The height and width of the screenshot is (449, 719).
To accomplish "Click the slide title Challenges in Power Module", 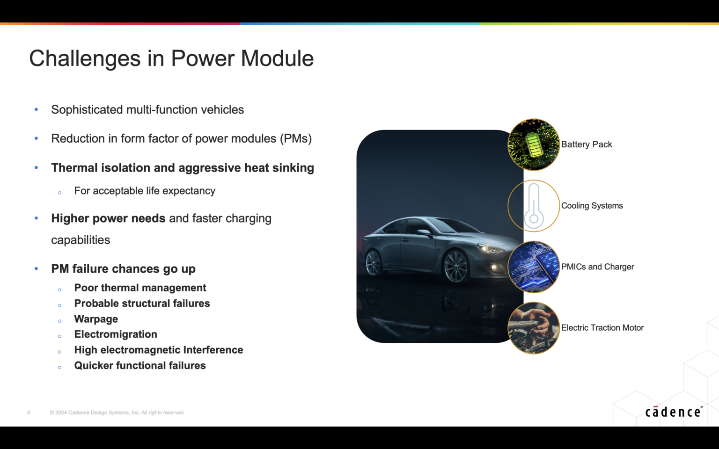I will click(171, 58).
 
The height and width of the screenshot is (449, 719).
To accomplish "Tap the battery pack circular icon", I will click(534, 145).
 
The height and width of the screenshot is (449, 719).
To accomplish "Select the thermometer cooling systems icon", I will click(534, 206).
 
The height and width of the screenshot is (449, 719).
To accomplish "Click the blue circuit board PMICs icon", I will click(534, 267).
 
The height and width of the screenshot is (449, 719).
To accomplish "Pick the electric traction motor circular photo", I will click(534, 328).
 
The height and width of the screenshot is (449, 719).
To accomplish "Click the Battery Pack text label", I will click(587, 145).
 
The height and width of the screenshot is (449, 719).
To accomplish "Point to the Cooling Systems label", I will click(592, 206).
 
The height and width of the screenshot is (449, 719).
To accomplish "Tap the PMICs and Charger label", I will click(597, 267).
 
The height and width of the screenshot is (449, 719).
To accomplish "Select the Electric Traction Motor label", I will click(602, 328).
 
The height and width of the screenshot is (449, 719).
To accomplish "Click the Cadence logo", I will click(673, 412).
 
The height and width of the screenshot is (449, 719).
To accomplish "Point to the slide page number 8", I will click(29, 413).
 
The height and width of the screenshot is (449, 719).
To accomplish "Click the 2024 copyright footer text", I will click(117, 413).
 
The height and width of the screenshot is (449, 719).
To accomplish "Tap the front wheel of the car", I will click(455, 267).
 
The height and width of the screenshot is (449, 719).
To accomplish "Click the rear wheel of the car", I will click(374, 263).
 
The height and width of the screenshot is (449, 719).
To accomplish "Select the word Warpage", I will click(96, 319).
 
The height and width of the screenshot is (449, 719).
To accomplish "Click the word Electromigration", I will click(116, 334).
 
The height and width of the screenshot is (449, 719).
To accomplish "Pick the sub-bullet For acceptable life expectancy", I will click(145, 191).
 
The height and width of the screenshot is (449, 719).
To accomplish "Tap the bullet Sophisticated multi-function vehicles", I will click(147, 110).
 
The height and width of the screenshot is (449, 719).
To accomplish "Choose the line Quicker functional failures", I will click(140, 366).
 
